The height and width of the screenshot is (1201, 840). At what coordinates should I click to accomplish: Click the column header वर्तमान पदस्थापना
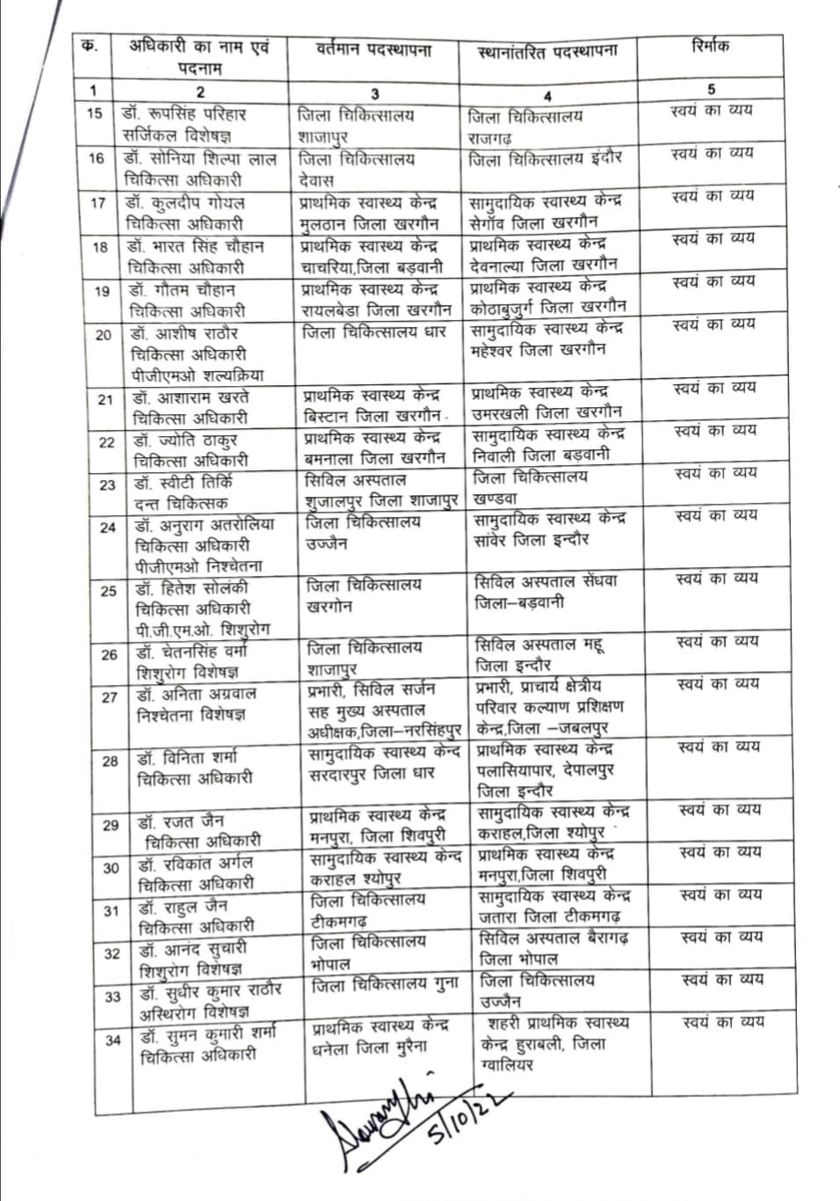coord(373,50)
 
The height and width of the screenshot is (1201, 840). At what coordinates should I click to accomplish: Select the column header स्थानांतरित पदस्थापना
coord(547,52)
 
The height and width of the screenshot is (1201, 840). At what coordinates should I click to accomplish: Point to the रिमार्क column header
coord(710,46)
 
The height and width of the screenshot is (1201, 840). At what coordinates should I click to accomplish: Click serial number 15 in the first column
coord(94,113)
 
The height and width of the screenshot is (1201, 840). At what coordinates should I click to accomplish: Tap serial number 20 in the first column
coord(103,334)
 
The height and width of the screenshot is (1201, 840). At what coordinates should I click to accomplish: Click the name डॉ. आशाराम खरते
coord(191,397)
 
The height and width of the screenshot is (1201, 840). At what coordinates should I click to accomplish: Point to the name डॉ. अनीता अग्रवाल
coord(196,694)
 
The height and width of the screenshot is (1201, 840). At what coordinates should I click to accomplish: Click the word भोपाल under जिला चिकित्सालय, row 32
coord(331,964)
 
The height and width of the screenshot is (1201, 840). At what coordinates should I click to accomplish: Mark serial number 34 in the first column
coord(112,1040)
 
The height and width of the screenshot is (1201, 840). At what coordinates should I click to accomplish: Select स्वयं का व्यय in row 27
coord(717,683)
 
